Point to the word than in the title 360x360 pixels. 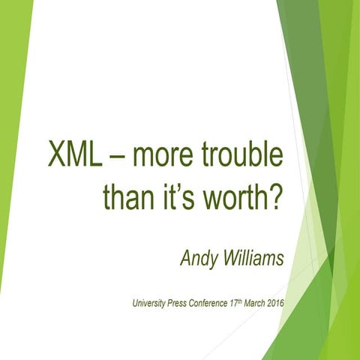pos(130,196)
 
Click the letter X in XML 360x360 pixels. pos(58,157)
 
